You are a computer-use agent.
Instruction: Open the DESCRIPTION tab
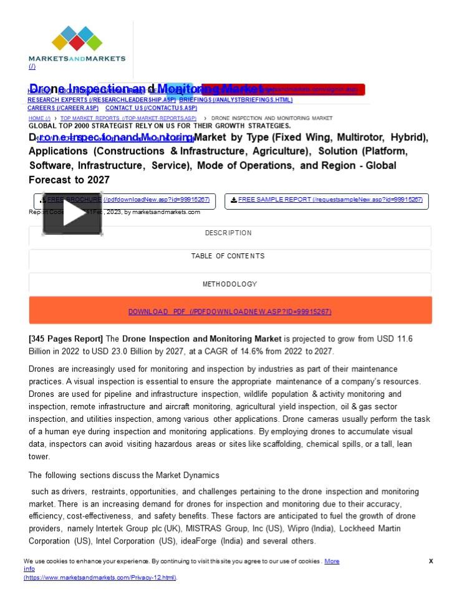click(x=228, y=233)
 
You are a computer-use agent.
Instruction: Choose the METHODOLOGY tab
click(x=229, y=285)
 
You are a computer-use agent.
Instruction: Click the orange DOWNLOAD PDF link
click(x=229, y=312)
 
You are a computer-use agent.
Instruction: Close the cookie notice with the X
click(x=431, y=561)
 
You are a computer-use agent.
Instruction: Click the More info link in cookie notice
click(x=332, y=561)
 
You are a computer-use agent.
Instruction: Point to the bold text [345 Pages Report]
click(x=65, y=339)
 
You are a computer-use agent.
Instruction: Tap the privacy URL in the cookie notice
click(x=100, y=578)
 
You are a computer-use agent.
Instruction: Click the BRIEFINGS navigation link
click(x=236, y=100)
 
